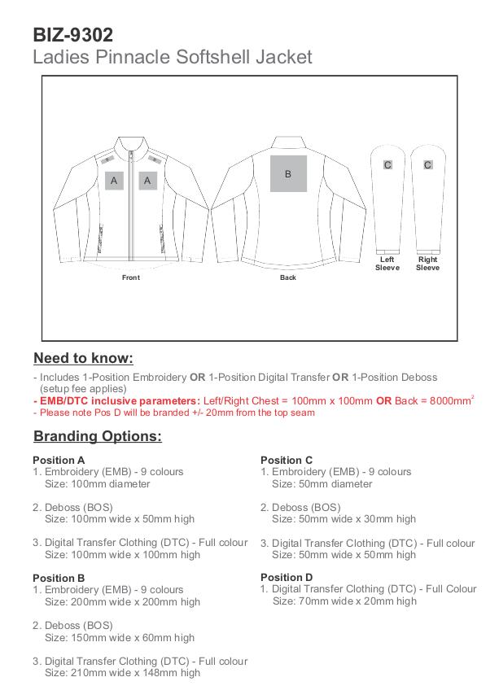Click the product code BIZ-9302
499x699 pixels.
click(x=73, y=34)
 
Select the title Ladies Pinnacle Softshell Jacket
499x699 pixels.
click(x=172, y=58)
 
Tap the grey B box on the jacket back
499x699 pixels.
click(x=287, y=173)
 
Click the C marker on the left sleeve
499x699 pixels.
click(x=387, y=165)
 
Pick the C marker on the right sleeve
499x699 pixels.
click(x=427, y=165)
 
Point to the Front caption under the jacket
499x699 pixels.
click(x=131, y=277)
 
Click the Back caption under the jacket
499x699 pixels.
click(x=287, y=277)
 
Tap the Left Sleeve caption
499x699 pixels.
click(x=387, y=264)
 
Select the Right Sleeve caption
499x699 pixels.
click(x=427, y=264)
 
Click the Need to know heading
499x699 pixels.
click(x=83, y=358)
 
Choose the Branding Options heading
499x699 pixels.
click(x=98, y=436)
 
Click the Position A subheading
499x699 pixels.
click(x=59, y=460)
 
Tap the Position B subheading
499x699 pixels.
click(x=59, y=578)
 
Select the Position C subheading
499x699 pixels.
click(x=287, y=460)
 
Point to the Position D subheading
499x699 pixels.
click(x=287, y=578)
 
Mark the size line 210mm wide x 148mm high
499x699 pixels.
click(x=122, y=673)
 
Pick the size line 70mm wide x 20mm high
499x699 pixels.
click(x=344, y=601)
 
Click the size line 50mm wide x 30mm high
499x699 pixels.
click(x=344, y=518)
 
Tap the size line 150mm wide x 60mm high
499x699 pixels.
click(x=120, y=637)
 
